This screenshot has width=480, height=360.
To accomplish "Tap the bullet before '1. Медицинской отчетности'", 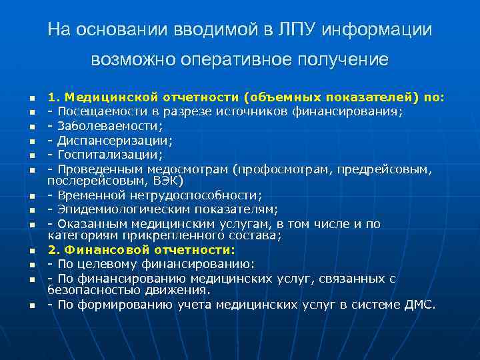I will [31, 99].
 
